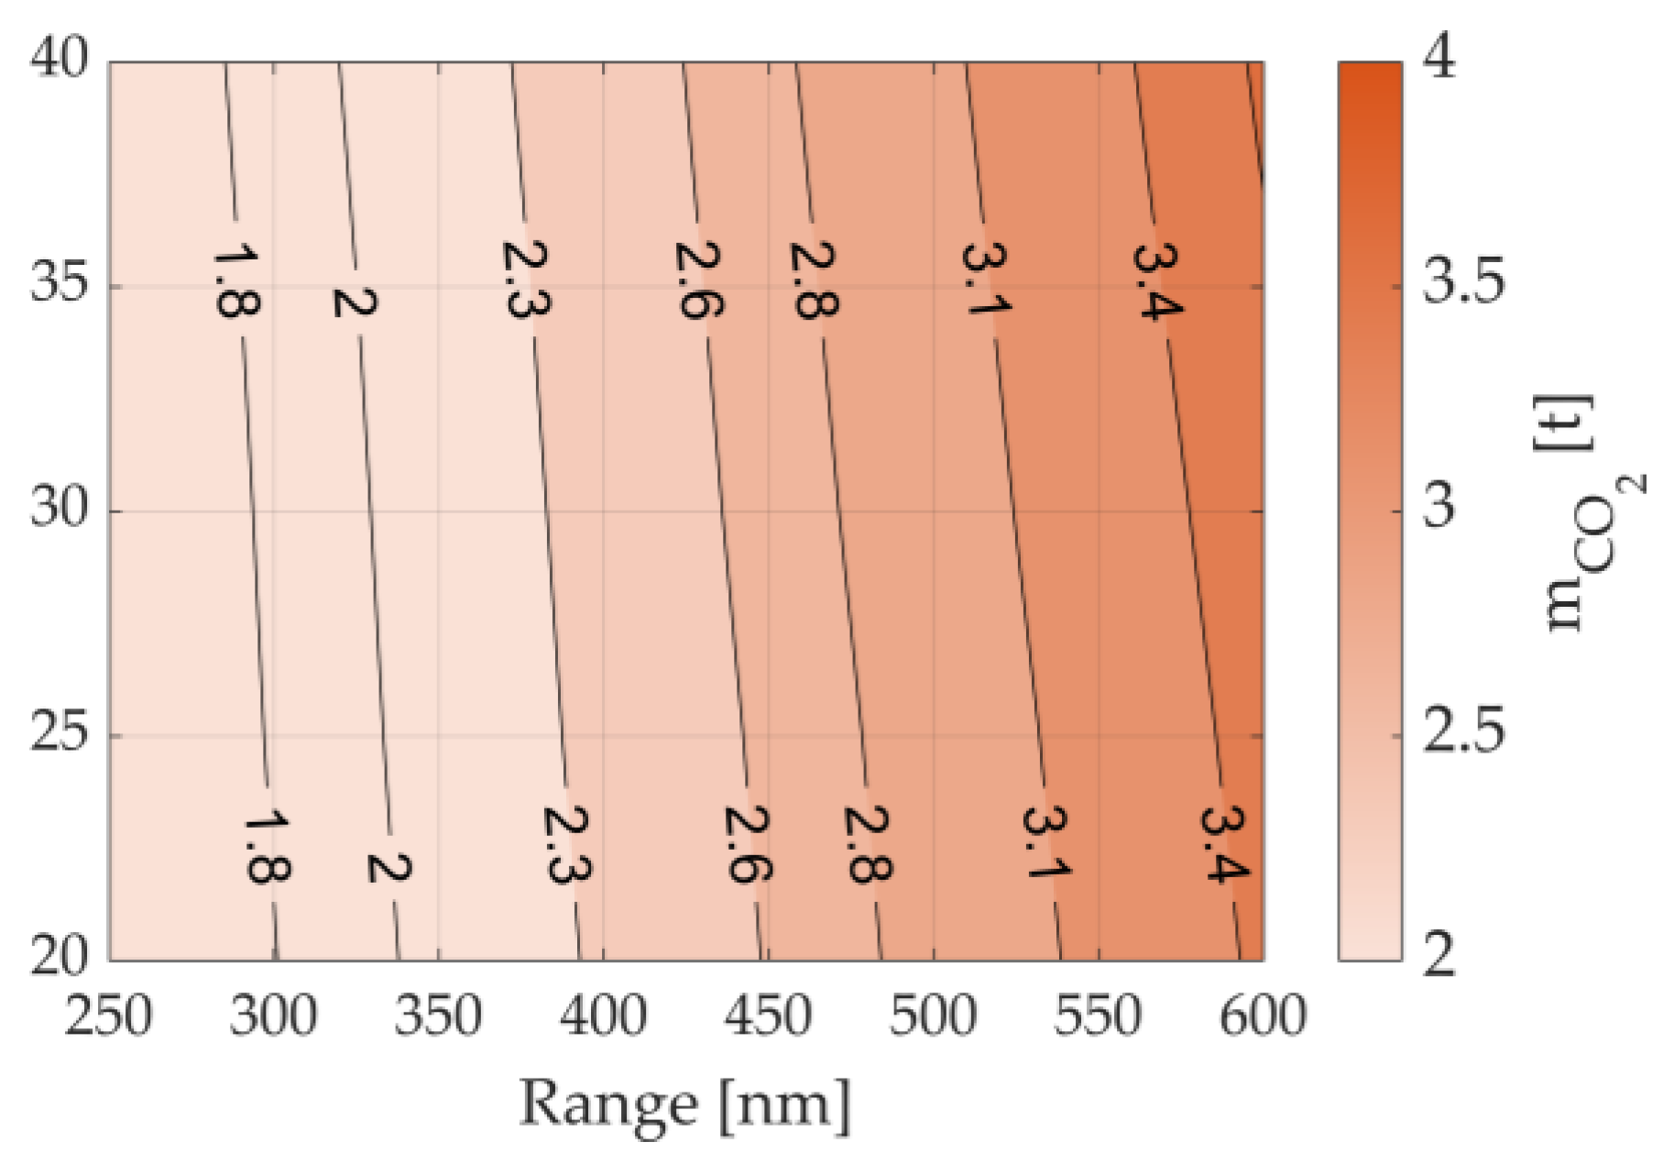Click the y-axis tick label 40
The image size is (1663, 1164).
click(x=60, y=62)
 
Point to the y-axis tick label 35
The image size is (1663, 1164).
click(x=60, y=285)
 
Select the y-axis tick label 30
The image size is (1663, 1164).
click(x=60, y=510)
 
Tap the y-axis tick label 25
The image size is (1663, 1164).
click(x=60, y=735)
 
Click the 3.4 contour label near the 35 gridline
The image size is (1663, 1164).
click(x=1157, y=280)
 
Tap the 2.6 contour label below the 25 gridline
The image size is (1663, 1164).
click(x=746, y=844)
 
